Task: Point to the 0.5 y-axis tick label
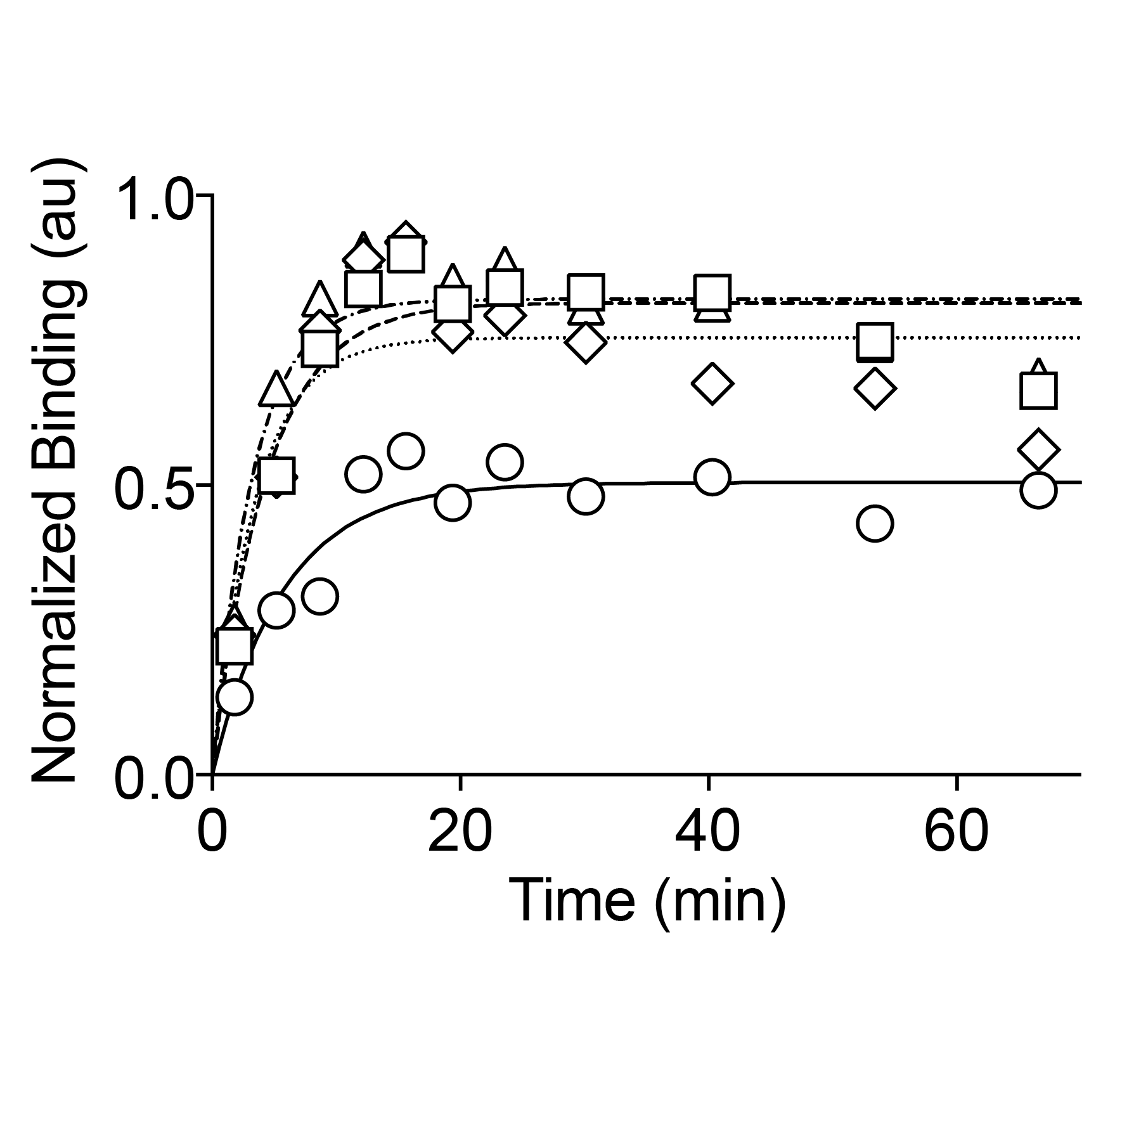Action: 154,489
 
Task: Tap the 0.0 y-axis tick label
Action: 154,777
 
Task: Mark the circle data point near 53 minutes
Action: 875,524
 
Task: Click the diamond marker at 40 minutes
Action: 712,384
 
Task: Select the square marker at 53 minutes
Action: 875,341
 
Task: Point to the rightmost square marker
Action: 1038,390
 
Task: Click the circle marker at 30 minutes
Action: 586,496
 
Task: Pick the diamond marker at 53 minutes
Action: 875,388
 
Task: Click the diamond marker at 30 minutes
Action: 586,342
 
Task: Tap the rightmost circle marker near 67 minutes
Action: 1038,490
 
